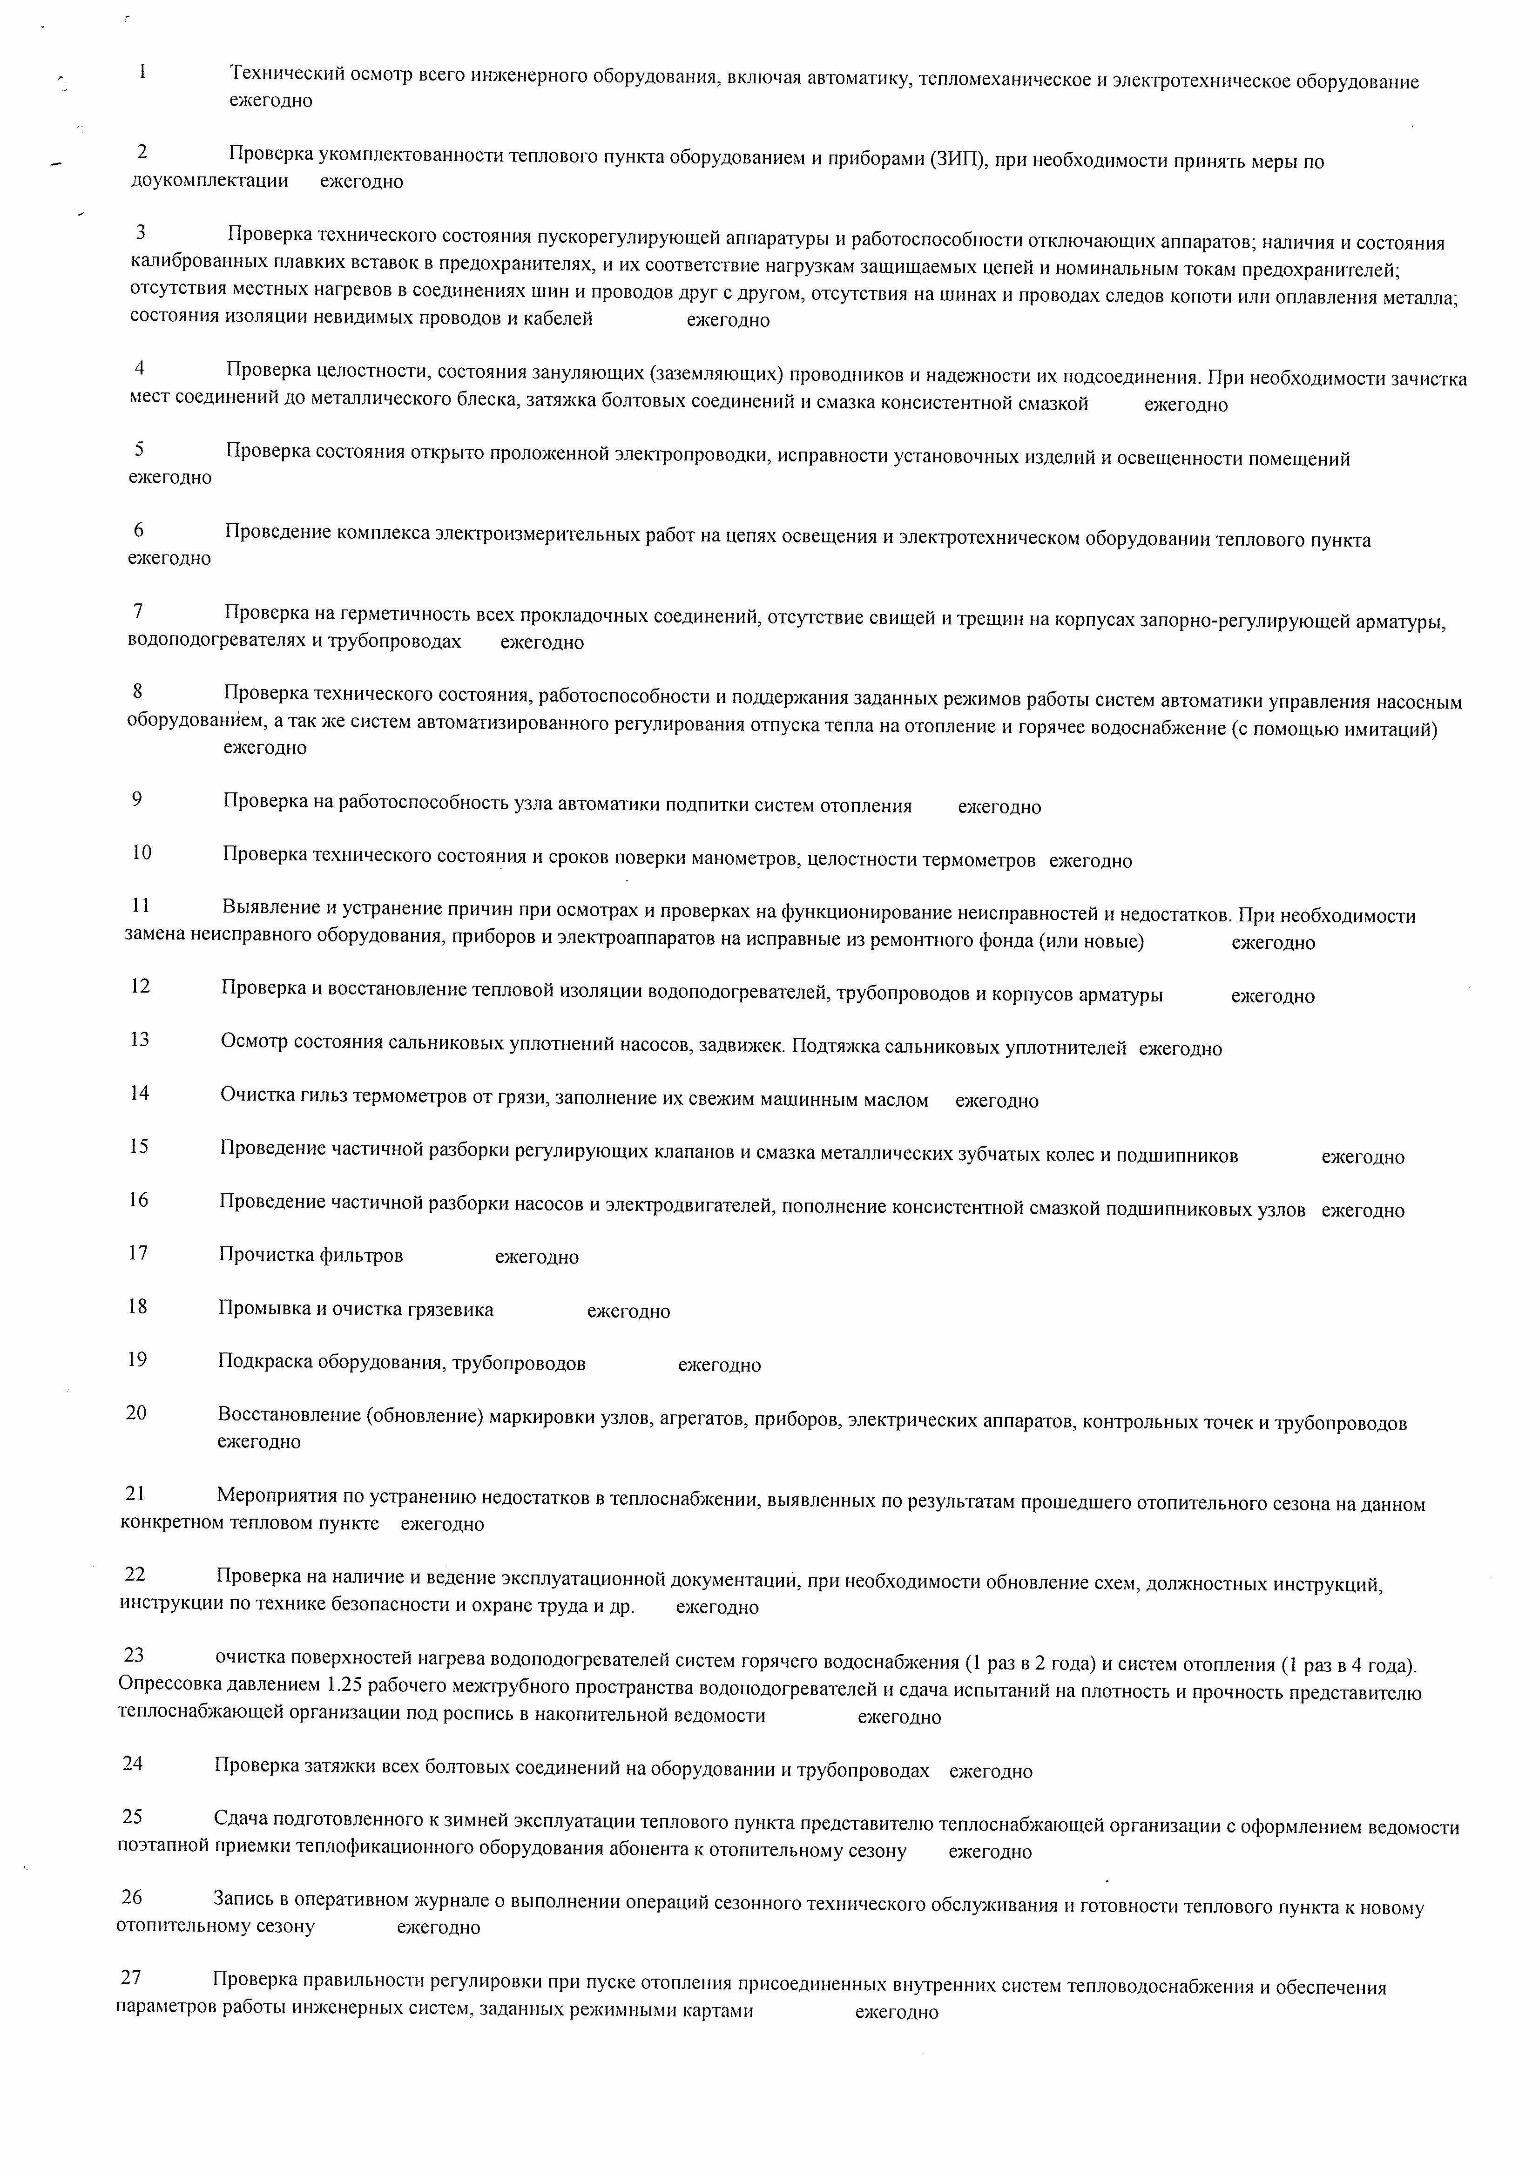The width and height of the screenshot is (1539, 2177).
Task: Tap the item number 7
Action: (138, 612)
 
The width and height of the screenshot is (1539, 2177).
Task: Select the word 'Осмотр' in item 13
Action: (254, 1041)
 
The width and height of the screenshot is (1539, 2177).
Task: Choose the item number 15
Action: (139, 1146)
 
